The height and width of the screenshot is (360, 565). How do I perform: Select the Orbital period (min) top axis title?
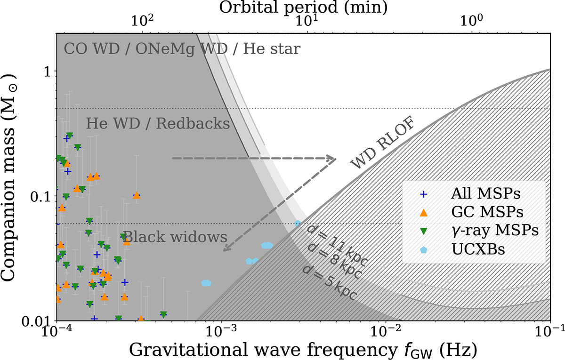point(303,8)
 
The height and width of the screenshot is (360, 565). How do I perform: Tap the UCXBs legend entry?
point(462,249)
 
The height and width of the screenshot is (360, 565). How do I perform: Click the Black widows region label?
point(175,237)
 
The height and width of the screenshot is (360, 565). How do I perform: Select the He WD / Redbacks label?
point(158,123)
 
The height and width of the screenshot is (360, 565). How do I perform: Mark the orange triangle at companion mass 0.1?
point(137,195)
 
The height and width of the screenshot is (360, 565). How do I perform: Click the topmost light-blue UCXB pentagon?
point(298,224)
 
